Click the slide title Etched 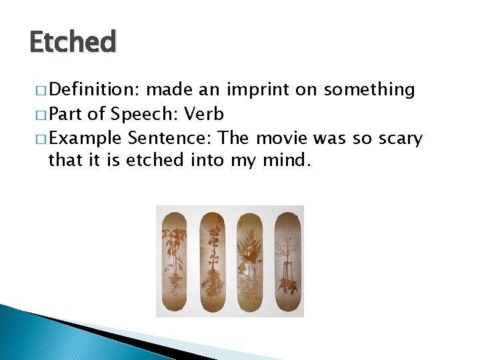click(x=73, y=42)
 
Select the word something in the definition click(x=369, y=90)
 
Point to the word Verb click(x=204, y=114)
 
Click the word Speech click(x=142, y=114)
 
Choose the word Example click(x=85, y=139)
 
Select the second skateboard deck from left click(x=212, y=260)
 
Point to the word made click(x=165, y=90)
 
